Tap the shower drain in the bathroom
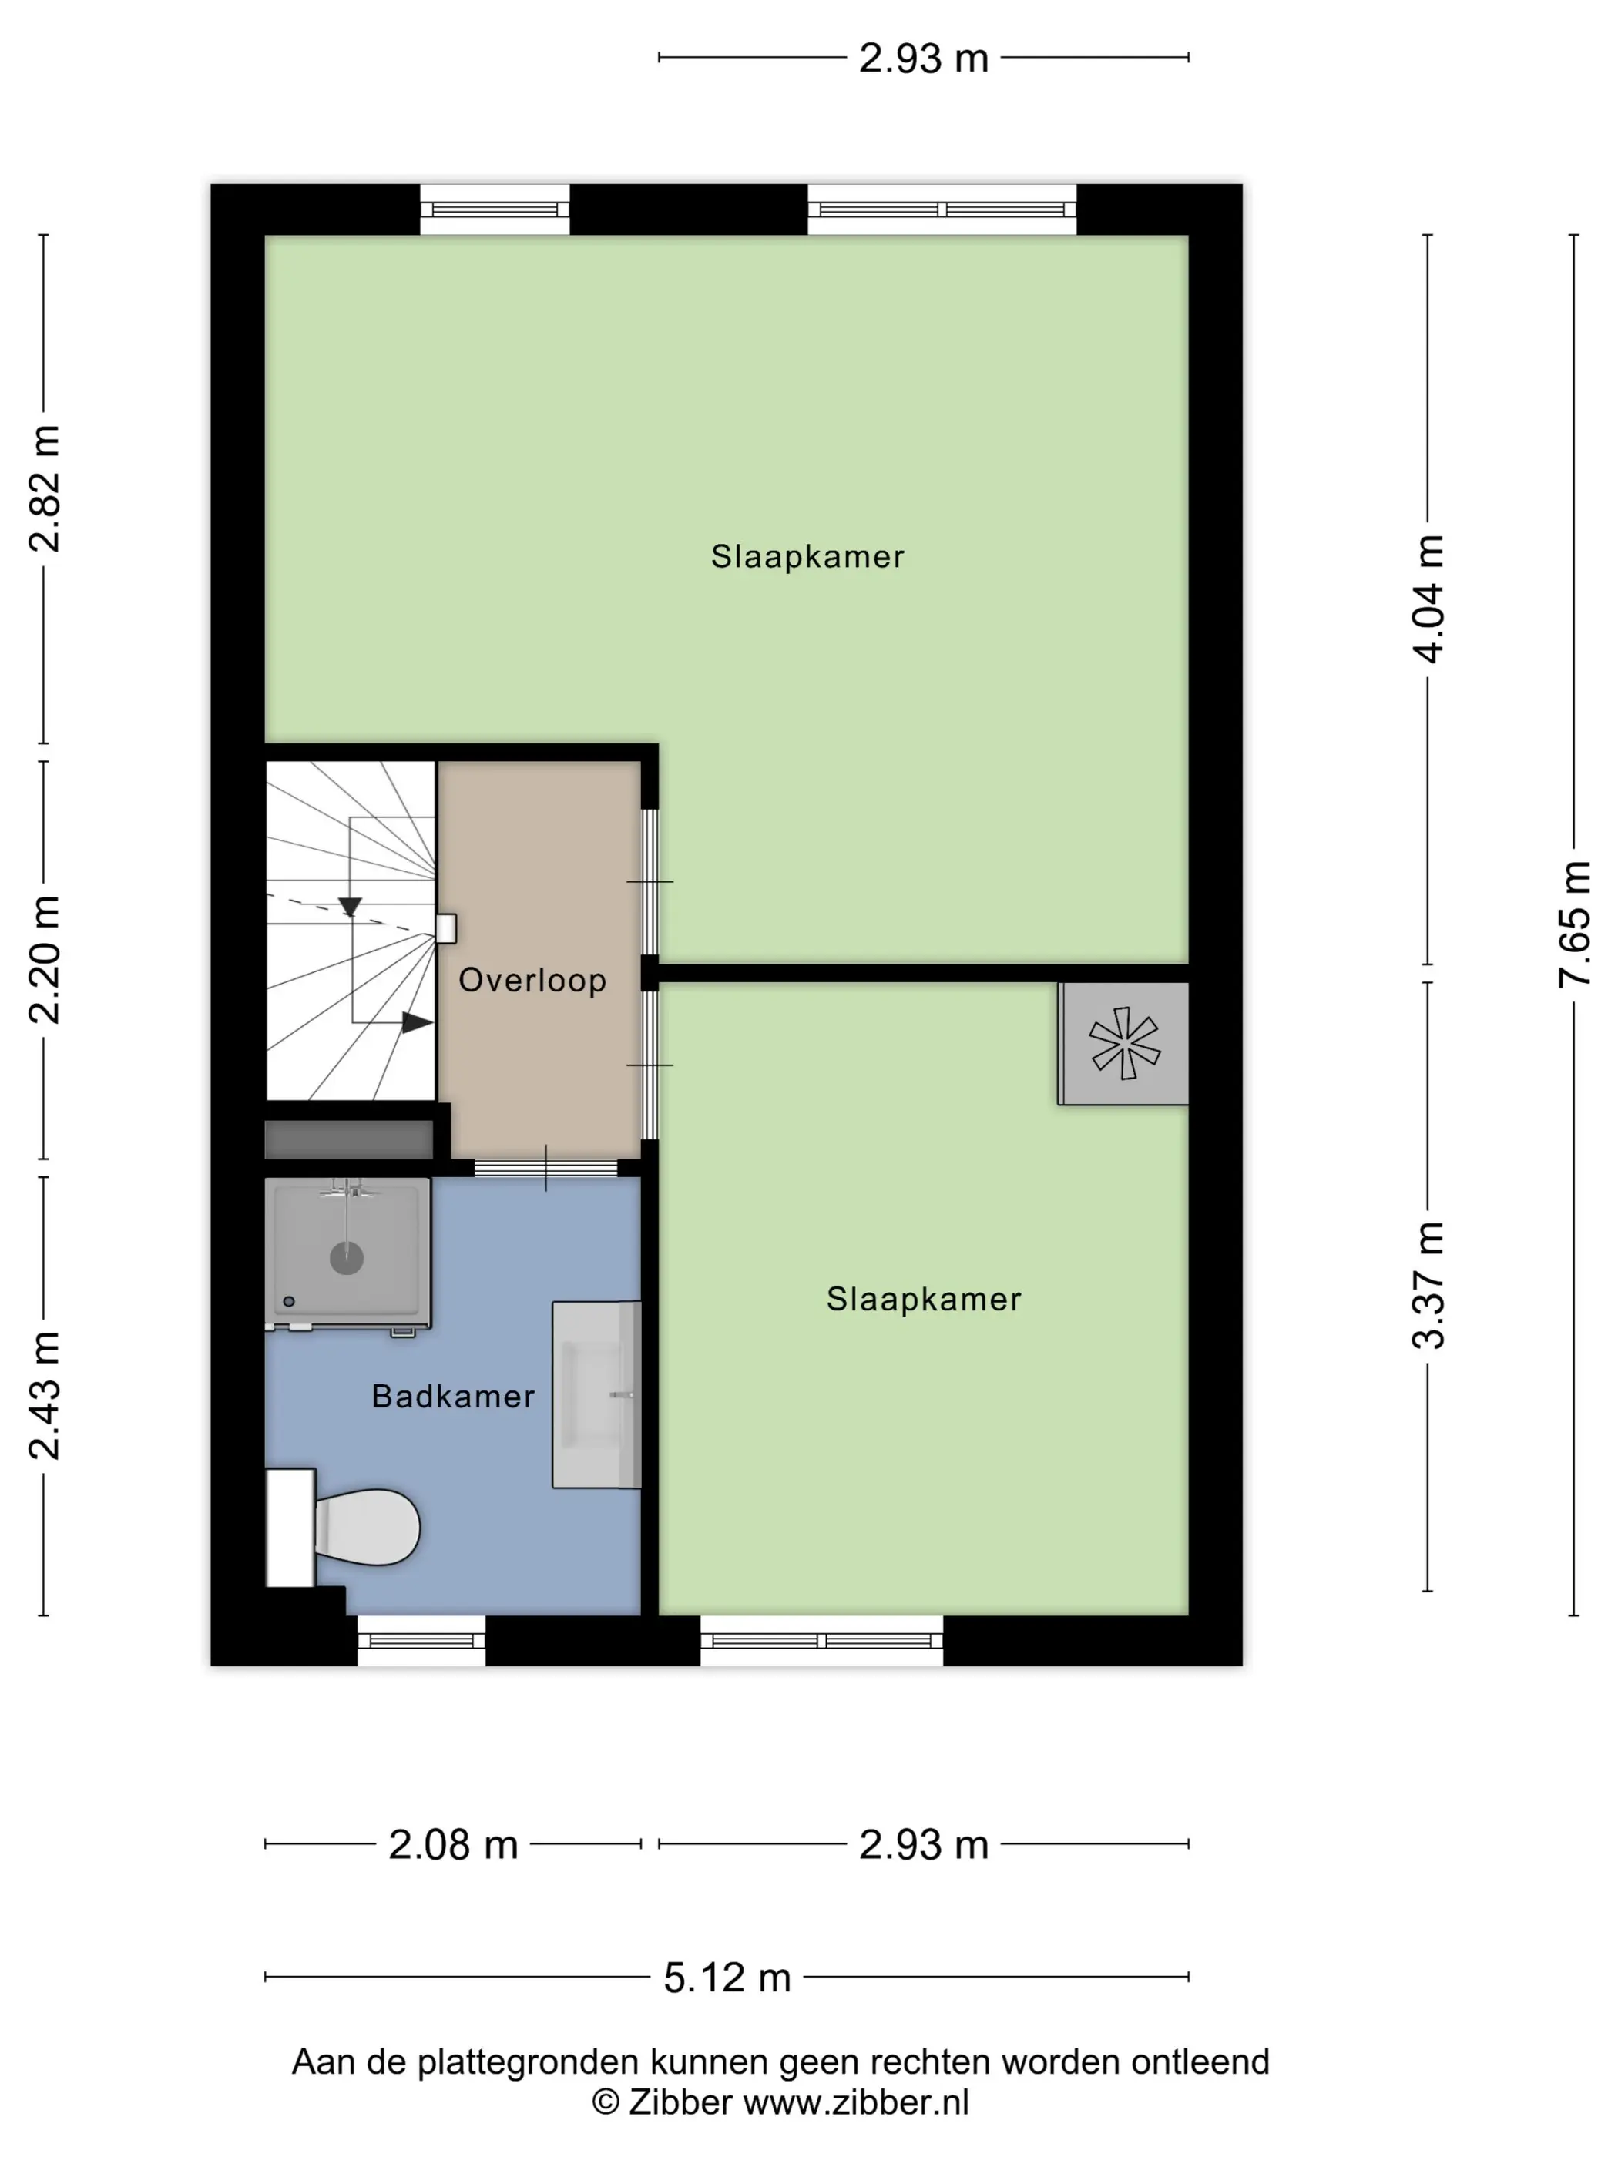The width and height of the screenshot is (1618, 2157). pyautogui.click(x=346, y=1258)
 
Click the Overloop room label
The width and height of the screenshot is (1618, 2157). pyautogui.click(x=532, y=980)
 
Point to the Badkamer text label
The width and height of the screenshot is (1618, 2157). pyautogui.click(x=454, y=1397)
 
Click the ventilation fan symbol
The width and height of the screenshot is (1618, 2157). pyautogui.click(x=1124, y=1043)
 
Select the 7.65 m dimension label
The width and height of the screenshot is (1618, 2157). pyautogui.click(x=1574, y=924)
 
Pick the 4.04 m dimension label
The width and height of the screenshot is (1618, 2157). pyautogui.click(x=1428, y=599)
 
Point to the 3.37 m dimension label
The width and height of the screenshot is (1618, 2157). pyautogui.click(x=1428, y=1285)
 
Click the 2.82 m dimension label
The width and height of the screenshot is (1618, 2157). pyautogui.click(x=44, y=488)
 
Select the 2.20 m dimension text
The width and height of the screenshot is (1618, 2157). pyautogui.click(x=44, y=960)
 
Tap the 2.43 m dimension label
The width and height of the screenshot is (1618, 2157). pyautogui.click(x=44, y=1395)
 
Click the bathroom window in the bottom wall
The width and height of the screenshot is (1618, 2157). pyautogui.click(x=421, y=1640)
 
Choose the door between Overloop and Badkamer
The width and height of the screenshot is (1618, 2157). pyautogui.click(x=546, y=1167)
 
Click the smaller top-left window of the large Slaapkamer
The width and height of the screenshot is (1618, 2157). pyautogui.click(x=495, y=210)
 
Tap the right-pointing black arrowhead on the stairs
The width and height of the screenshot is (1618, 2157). pyautogui.click(x=418, y=1023)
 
